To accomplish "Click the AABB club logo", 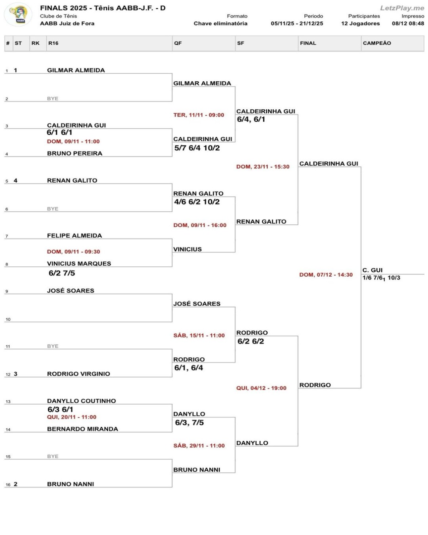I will coord(18,15).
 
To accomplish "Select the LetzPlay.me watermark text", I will coord(402,8).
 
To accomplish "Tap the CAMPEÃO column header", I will coord(376,43).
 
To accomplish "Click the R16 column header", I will coord(53,43).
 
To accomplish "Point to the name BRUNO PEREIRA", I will coord(75,153).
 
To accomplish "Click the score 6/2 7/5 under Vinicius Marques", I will coord(62,273).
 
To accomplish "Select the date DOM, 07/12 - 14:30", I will coord(326,275).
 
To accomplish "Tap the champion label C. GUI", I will coord(372,270).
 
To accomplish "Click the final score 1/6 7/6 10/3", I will coord(381,278).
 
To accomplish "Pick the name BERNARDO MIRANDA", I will coord(82,429).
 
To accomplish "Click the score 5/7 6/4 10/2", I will coord(197,148).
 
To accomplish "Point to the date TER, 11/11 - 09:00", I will coord(199,115).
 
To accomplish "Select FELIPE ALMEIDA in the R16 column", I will coord(75,235).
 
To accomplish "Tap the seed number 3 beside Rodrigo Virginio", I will coord(15,374).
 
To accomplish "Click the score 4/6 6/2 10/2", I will coord(197,202).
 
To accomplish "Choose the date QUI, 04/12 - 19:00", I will coord(261,388).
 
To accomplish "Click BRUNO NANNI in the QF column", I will coord(197,470).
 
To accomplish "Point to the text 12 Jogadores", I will coord(360,23).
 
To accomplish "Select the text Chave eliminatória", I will coord(220,23).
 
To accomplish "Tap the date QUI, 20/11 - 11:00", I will coord(72,417).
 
